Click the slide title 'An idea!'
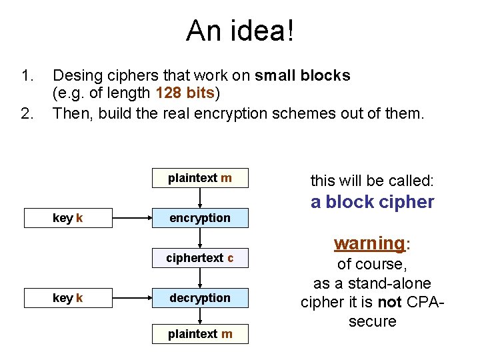pos(239,31)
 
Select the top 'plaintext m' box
pos(200,178)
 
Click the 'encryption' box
pos(200,218)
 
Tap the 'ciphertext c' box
pos(200,258)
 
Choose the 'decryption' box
pos(200,298)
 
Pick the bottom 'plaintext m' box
pos(200,333)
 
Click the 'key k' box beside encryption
pos(67,218)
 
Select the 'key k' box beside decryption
pos(67,298)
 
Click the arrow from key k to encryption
pos(131,218)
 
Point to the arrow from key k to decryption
pos(131,298)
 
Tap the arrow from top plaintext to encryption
pos(200,198)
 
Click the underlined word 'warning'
pos(369,243)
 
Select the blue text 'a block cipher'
pos(372,202)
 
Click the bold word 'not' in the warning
pos(389,302)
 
